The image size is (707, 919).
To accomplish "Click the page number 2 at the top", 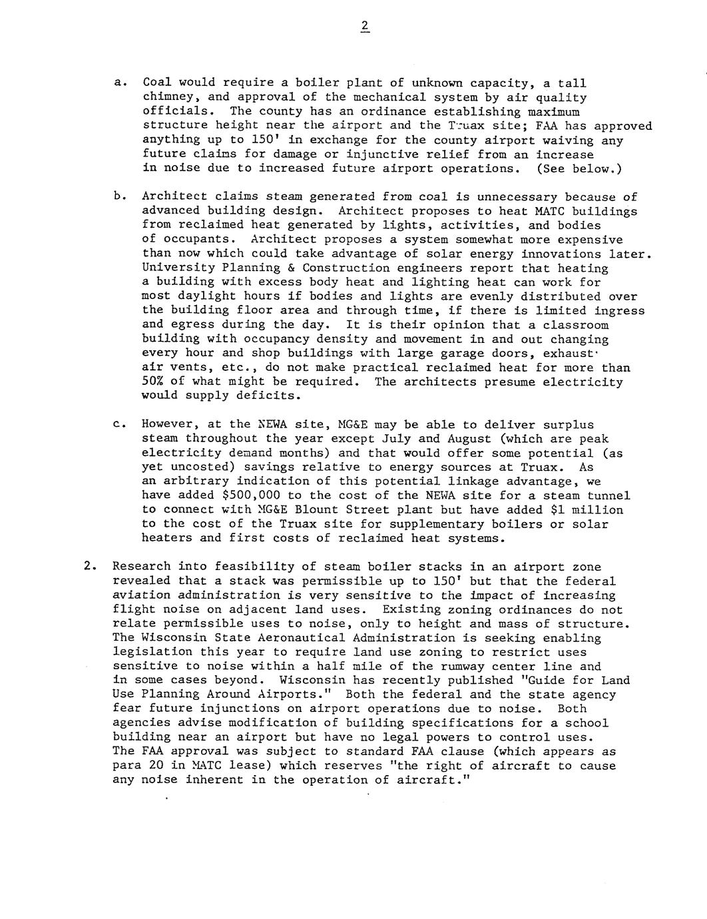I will click(x=364, y=27).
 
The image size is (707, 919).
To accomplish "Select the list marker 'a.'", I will click(x=120, y=83).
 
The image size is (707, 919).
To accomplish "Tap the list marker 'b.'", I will click(x=120, y=196).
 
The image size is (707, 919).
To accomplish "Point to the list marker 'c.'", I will click(x=120, y=424).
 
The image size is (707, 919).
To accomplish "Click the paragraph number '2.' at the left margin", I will click(x=91, y=567).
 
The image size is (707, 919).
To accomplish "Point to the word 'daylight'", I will click(x=200, y=296).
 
